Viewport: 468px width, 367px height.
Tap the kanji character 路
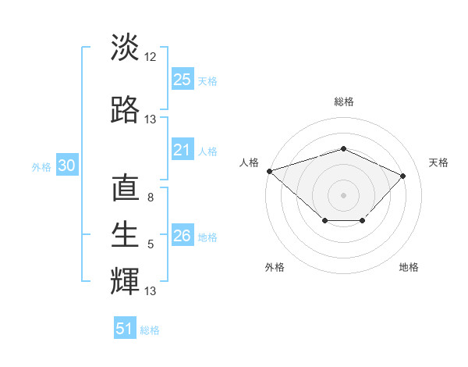(x=125, y=110)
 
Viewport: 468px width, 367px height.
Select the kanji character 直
(x=125, y=190)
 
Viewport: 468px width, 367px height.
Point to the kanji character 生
(x=125, y=235)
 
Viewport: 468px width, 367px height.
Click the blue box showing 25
(x=183, y=80)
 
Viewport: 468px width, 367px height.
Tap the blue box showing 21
(x=183, y=150)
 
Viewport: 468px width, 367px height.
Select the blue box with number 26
(x=183, y=236)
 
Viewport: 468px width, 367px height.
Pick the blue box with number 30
(x=66, y=166)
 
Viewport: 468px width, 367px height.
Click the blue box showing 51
(x=125, y=329)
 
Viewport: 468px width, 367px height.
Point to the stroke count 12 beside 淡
(x=151, y=57)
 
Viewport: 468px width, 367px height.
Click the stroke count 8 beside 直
(x=151, y=198)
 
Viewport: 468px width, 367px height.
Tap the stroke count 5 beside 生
(x=151, y=244)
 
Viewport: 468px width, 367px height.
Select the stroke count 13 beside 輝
(x=151, y=291)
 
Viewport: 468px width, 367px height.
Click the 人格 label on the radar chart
(x=250, y=162)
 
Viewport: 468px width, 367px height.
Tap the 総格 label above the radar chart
(x=343, y=102)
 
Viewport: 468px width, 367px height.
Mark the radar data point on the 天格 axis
(x=402, y=176)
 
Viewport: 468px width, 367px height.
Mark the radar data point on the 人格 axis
(x=269, y=171)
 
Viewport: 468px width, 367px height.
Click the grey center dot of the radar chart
(x=343, y=194)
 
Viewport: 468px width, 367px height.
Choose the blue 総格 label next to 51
(x=150, y=330)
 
